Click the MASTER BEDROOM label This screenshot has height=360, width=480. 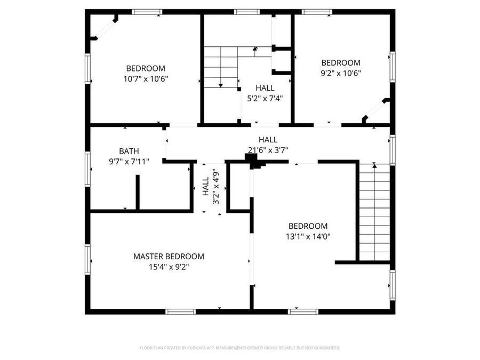[169, 257]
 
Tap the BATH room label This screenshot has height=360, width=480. [130, 151]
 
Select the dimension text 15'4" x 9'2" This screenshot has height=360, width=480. [169, 267]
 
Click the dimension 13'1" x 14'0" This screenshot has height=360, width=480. [308, 236]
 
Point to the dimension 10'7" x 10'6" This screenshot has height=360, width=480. [146, 78]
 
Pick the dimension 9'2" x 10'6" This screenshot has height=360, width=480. [341, 73]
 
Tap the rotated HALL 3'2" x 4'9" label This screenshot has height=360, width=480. [211, 187]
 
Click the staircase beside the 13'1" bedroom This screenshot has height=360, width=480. [375, 213]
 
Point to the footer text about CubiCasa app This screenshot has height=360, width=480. [239, 348]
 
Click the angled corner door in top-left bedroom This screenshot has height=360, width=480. [105, 28]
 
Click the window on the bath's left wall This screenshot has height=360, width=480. [87, 169]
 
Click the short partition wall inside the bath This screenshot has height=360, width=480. [137, 192]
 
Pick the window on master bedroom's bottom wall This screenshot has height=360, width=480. [181, 311]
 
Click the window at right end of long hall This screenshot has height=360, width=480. [393, 149]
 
